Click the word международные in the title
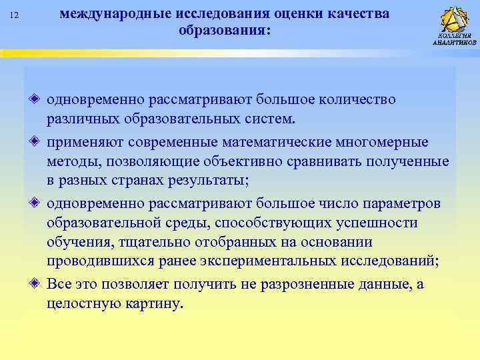(x=117, y=14)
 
